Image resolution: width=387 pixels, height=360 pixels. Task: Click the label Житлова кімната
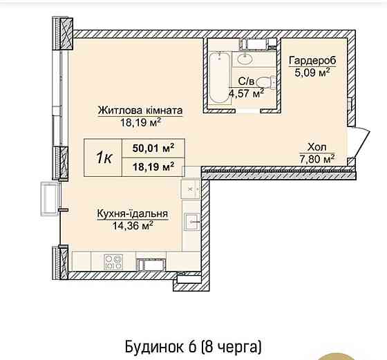tap(140, 111)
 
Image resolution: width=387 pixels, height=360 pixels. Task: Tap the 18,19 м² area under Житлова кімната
tap(140, 123)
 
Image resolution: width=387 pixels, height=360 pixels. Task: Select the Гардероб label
tap(312, 59)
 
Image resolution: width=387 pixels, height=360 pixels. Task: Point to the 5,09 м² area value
tap(312, 70)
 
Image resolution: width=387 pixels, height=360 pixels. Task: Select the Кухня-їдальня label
tap(124, 214)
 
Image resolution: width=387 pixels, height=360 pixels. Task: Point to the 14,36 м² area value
tap(124, 225)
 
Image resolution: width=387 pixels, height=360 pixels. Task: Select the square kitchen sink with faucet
tap(191, 222)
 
